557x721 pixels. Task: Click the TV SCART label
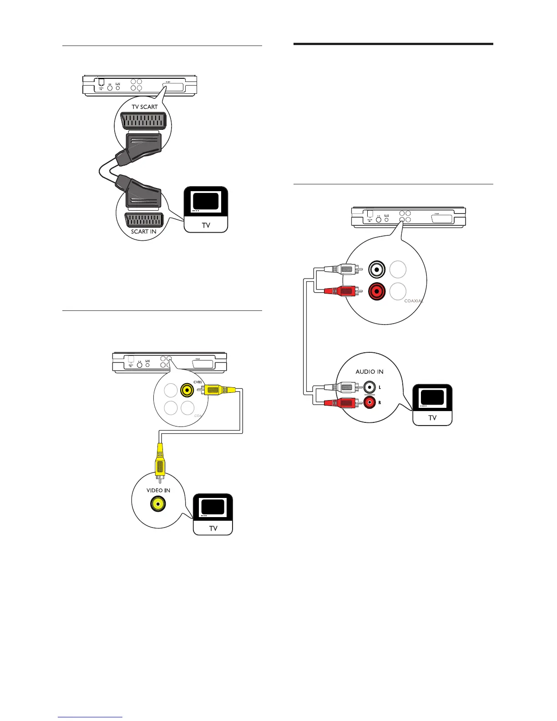click(145, 107)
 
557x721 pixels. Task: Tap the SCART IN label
click(144, 232)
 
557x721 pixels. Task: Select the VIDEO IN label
click(158, 490)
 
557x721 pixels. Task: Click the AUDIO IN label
click(370, 371)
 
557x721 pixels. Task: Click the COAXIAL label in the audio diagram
click(414, 301)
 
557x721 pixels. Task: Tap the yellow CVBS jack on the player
click(187, 390)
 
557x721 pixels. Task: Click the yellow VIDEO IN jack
click(158, 504)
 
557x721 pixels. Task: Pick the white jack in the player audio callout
click(377, 269)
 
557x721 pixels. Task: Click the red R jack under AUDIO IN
click(369, 402)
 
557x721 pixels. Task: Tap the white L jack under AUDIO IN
click(369, 387)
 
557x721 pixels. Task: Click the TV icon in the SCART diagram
click(206, 209)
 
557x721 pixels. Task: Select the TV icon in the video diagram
click(213, 514)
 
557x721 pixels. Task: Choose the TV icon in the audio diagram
click(432, 405)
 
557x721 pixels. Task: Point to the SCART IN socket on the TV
click(144, 220)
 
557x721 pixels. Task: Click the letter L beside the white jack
click(380, 387)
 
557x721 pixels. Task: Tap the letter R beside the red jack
click(380, 403)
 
